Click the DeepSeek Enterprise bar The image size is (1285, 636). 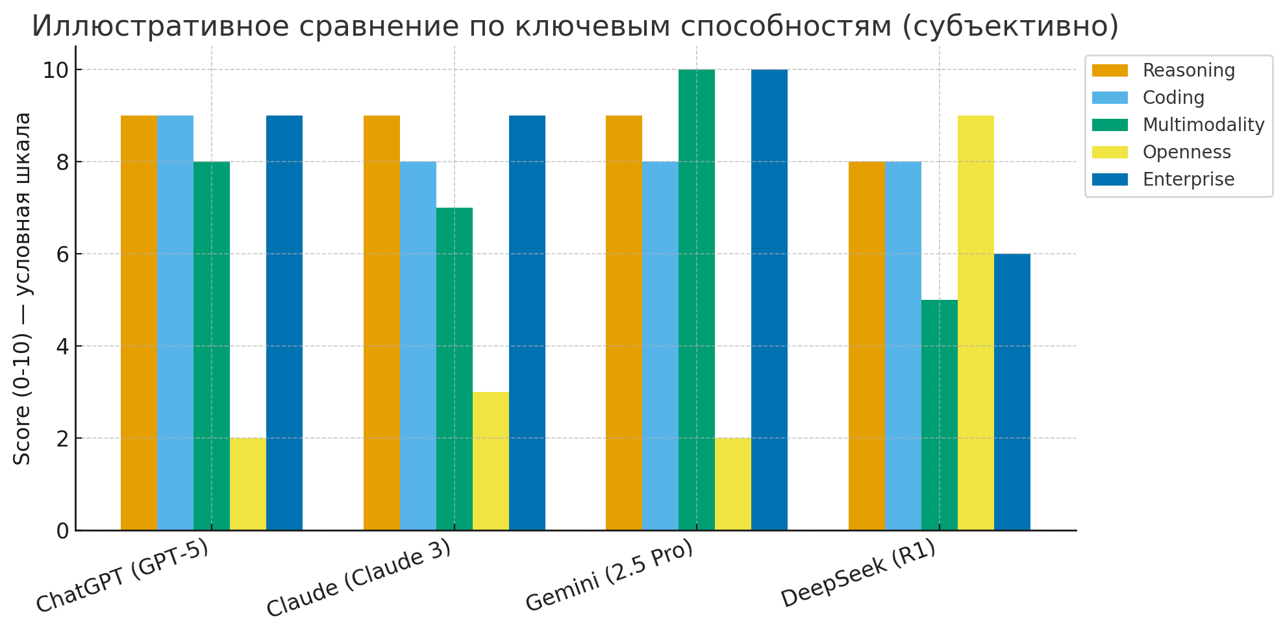1012,392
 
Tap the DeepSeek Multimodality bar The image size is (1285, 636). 940,415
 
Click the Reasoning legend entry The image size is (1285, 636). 1188,70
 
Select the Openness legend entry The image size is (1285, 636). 1186,152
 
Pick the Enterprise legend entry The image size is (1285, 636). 1188,179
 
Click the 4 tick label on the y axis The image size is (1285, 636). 63,347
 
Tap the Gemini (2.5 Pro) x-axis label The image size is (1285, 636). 609,576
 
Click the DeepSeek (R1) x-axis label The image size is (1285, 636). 858,574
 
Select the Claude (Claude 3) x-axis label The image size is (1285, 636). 358,579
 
